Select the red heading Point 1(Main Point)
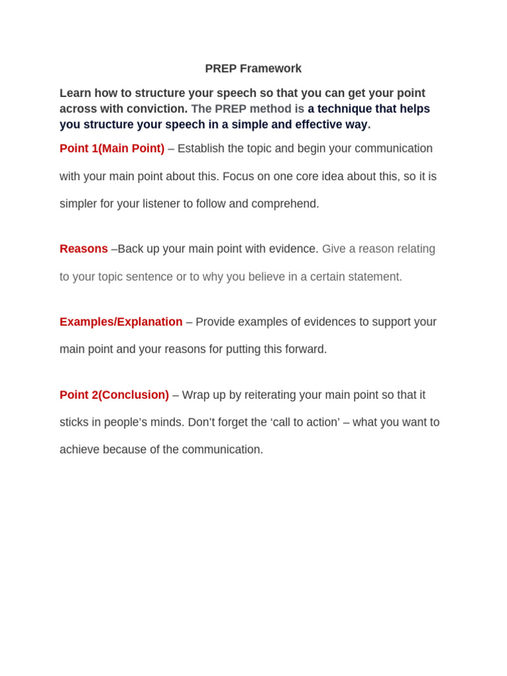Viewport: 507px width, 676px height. [x=112, y=149]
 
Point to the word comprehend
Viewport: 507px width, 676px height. [x=288, y=204]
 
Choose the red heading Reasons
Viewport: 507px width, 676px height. [x=84, y=249]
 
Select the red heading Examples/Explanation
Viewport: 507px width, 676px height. [x=121, y=322]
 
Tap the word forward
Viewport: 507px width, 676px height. [x=306, y=350]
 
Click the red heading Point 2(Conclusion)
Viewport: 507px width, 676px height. [x=114, y=395]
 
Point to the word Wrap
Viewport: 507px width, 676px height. [x=196, y=395]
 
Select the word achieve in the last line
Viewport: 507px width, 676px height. [x=80, y=450]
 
